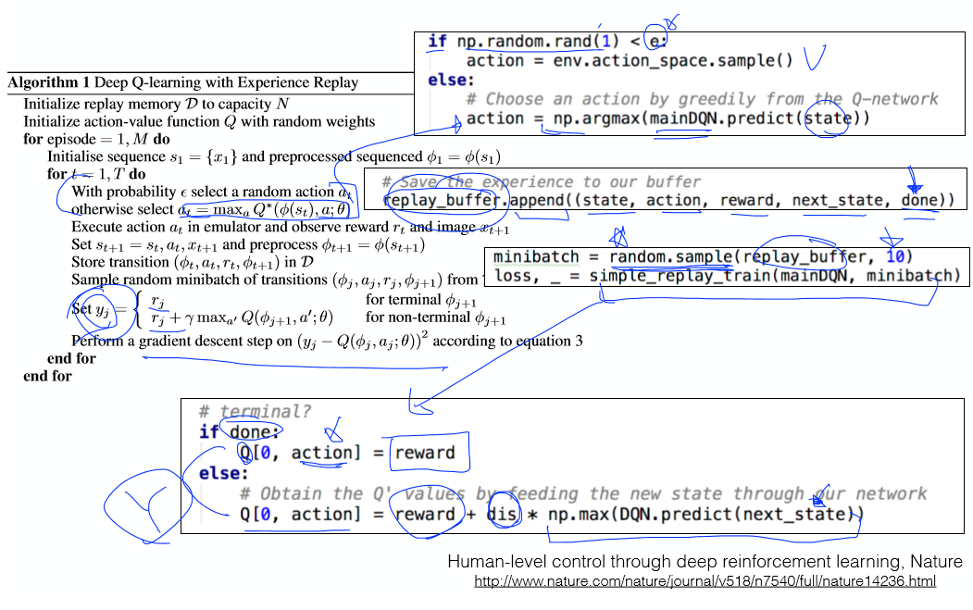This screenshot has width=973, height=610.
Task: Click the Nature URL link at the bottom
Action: click(705, 581)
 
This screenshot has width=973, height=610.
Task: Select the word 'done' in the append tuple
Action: click(919, 201)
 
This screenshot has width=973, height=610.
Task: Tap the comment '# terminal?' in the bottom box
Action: click(256, 412)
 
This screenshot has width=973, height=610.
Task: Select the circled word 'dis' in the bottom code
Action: click(503, 515)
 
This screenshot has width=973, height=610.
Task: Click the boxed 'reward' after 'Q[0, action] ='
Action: click(425, 453)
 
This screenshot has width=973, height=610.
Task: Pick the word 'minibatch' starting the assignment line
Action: click(536, 256)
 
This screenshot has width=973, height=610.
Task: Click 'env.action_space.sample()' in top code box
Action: click(673, 61)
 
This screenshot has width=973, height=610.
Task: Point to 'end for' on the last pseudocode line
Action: click(47, 376)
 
